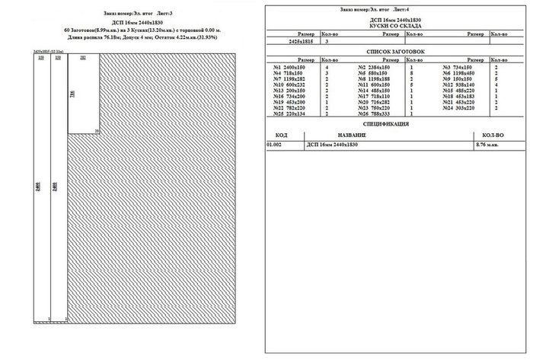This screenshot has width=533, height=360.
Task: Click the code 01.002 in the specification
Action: pos(274,143)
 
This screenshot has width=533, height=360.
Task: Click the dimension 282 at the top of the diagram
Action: pos(82,58)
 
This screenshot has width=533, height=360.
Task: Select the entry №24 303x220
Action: pos(459,108)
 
